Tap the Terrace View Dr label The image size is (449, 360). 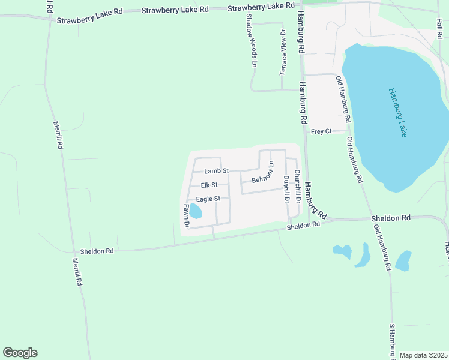coord(283,52)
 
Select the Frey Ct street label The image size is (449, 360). coord(321,131)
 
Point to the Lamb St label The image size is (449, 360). coord(216,171)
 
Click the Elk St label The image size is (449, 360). coord(209,185)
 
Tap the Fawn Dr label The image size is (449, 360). coord(187,216)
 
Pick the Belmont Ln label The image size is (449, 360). coord(263,176)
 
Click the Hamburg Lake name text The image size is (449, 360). coord(397,112)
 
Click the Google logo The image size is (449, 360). coord(20,353)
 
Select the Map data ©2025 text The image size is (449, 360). coord(423,355)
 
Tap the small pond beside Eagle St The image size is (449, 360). coord(196,211)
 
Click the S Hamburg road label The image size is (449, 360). coord(393,341)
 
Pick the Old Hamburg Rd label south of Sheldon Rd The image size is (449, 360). coord(382,247)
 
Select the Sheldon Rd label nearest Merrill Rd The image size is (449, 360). coord(97,251)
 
